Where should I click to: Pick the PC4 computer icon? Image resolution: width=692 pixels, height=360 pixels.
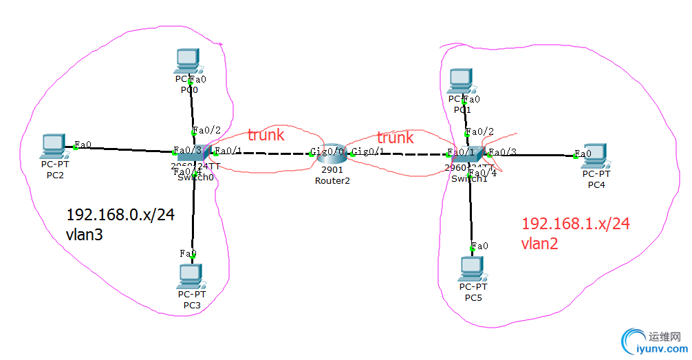coord(595,156)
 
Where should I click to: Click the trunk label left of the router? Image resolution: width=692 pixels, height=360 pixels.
coord(266,135)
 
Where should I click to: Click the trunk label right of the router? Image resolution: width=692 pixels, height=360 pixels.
coord(395,138)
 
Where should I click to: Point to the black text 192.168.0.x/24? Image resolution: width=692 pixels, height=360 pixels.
coord(120,214)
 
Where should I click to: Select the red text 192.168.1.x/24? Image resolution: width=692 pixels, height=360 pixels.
coord(576,223)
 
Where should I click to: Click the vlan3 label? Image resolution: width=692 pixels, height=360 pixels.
coord(86,234)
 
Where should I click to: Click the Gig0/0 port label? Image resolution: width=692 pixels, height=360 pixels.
coord(327,151)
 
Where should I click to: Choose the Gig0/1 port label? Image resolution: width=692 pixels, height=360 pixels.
coord(367,151)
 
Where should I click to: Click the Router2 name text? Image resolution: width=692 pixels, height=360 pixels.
coord(332,181)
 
